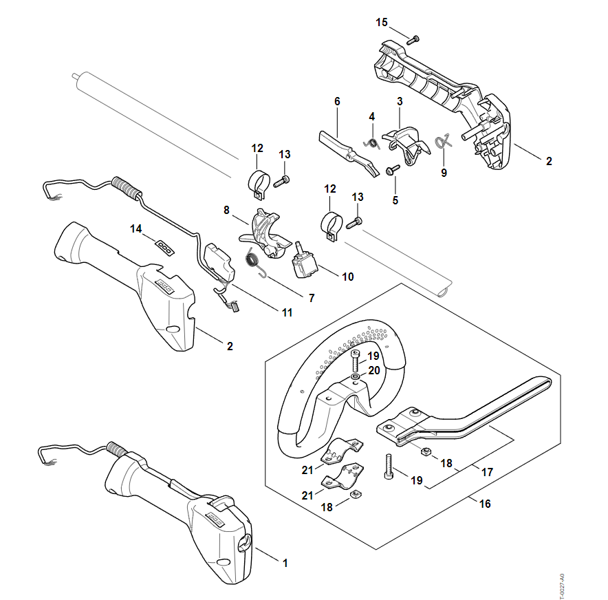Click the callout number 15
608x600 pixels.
click(x=382, y=23)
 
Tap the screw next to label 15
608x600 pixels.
click(x=413, y=41)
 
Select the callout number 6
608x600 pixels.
click(x=337, y=101)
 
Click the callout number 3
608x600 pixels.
click(x=400, y=101)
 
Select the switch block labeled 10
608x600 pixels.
click(x=304, y=262)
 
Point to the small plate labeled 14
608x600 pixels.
click(x=164, y=245)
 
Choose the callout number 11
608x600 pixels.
click(x=286, y=312)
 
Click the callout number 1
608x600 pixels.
click(x=285, y=562)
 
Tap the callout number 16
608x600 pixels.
click(x=485, y=504)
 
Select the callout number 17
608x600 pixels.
click(x=488, y=473)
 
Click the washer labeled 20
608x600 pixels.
click(x=354, y=377)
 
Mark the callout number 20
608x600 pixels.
click(x=373, y=369)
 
